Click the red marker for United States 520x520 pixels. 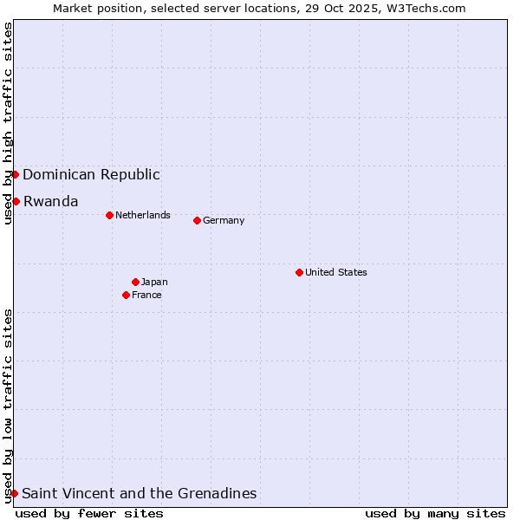click(x=299, y=272)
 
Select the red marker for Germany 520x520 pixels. click(x=197, y=220)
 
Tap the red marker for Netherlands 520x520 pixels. click(x=109, y=215)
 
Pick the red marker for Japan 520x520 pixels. click(x=135, y=282)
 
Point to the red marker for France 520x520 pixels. click(x=126, y=295)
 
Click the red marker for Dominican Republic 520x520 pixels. click(x=15, y=174)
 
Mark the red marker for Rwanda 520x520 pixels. click(x=16, y=201)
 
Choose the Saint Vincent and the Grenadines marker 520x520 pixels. click(x=14, y=493)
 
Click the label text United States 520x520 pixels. click(x=336, y=272)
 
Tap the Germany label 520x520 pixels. click(x=224, y=220)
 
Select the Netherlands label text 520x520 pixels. click(x=143, y=215)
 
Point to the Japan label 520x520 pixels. click(x=154, y=282)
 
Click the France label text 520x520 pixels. click(x=146, y=295)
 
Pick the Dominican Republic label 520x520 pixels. click(x=91, y=174)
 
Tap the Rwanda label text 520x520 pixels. click(x=50, y=201)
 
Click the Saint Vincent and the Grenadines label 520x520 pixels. click(x=139, y=493)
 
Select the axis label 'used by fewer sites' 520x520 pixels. click(x=89, y=513)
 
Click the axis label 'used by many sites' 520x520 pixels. click(x=435, y=513)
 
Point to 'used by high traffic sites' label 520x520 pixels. click(x=8, y=123)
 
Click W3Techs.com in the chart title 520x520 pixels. click(x=427, y=8)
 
